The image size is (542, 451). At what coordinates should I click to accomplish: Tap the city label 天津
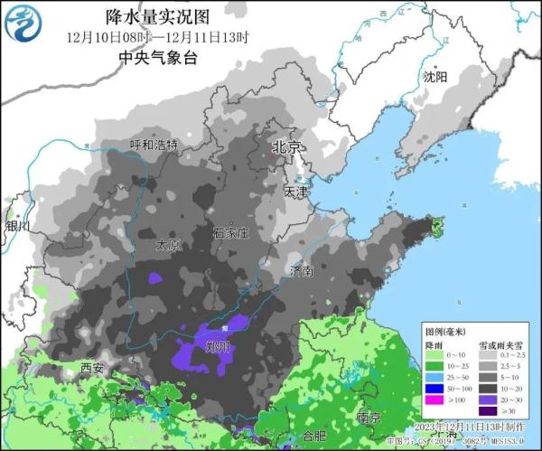tap(295, 192)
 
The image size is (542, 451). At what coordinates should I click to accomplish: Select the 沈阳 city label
tap(435, 78)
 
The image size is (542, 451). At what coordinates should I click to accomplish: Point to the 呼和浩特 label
tap(154, 145)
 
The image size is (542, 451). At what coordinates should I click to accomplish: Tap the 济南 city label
tap(302, 270)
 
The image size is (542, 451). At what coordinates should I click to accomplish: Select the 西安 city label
tap(92, 368)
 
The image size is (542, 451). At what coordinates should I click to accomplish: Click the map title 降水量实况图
tap(158, 17)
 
